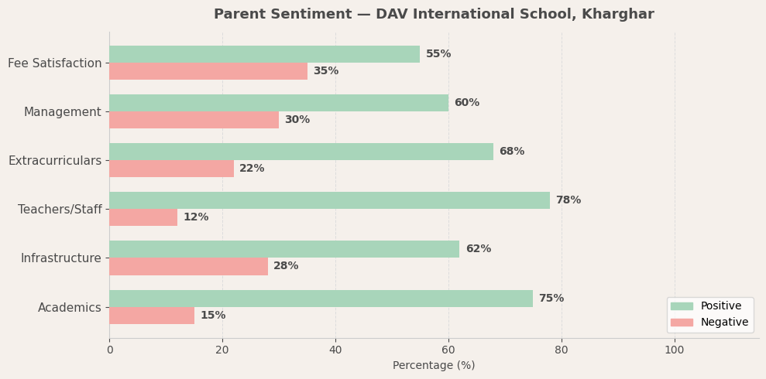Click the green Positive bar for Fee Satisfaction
pos(264,54)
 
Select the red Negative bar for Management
pos(194,120)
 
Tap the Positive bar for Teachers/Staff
pos(329,200)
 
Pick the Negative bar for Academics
pos(152,316)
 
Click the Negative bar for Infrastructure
pos(188,266)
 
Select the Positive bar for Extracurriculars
pos(301,152)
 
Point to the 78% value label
pos(568,200)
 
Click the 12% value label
pos(195,217)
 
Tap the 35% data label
pos(325,71)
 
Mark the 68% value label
pos(511,152)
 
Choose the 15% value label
pos(212,316)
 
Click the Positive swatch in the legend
pos(682,306)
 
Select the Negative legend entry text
pos(724,323)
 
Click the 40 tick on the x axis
pos(335,350)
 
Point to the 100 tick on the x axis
pos(675,350)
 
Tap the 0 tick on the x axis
pos(109,350)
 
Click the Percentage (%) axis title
pos(434,366)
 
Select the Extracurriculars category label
pos(55,161)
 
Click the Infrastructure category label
pos(60,258)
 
